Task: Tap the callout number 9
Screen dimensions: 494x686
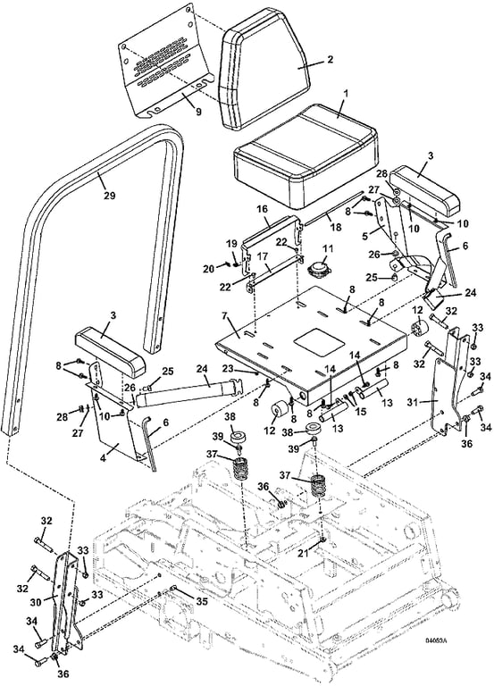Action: click(x=198, y=112)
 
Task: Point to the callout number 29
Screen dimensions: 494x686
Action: click(x=109, y=195)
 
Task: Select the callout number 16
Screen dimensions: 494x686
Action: click(x=262, y=209)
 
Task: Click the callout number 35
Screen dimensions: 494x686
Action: click(x=201, y=601)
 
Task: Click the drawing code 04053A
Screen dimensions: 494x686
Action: click(x=436, y=641)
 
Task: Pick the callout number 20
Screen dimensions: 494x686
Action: click(x=208, y=269)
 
